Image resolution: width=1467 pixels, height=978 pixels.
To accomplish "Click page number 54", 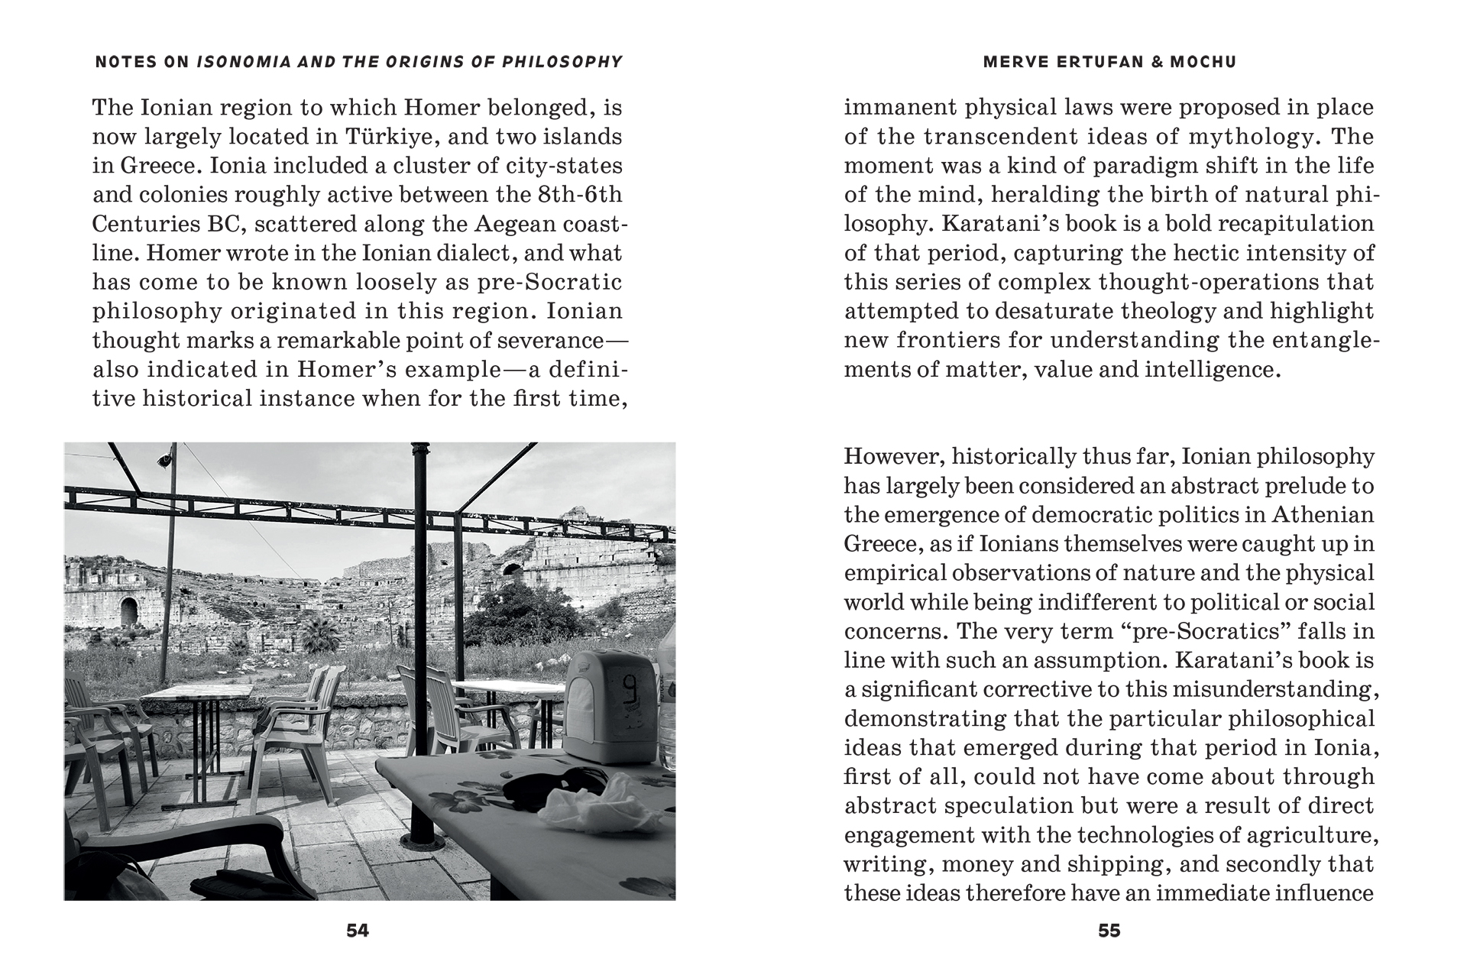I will [358, 931].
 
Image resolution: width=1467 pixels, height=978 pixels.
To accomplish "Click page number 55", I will [1109, 931].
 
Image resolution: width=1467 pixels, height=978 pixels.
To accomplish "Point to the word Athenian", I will [1323, 515].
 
